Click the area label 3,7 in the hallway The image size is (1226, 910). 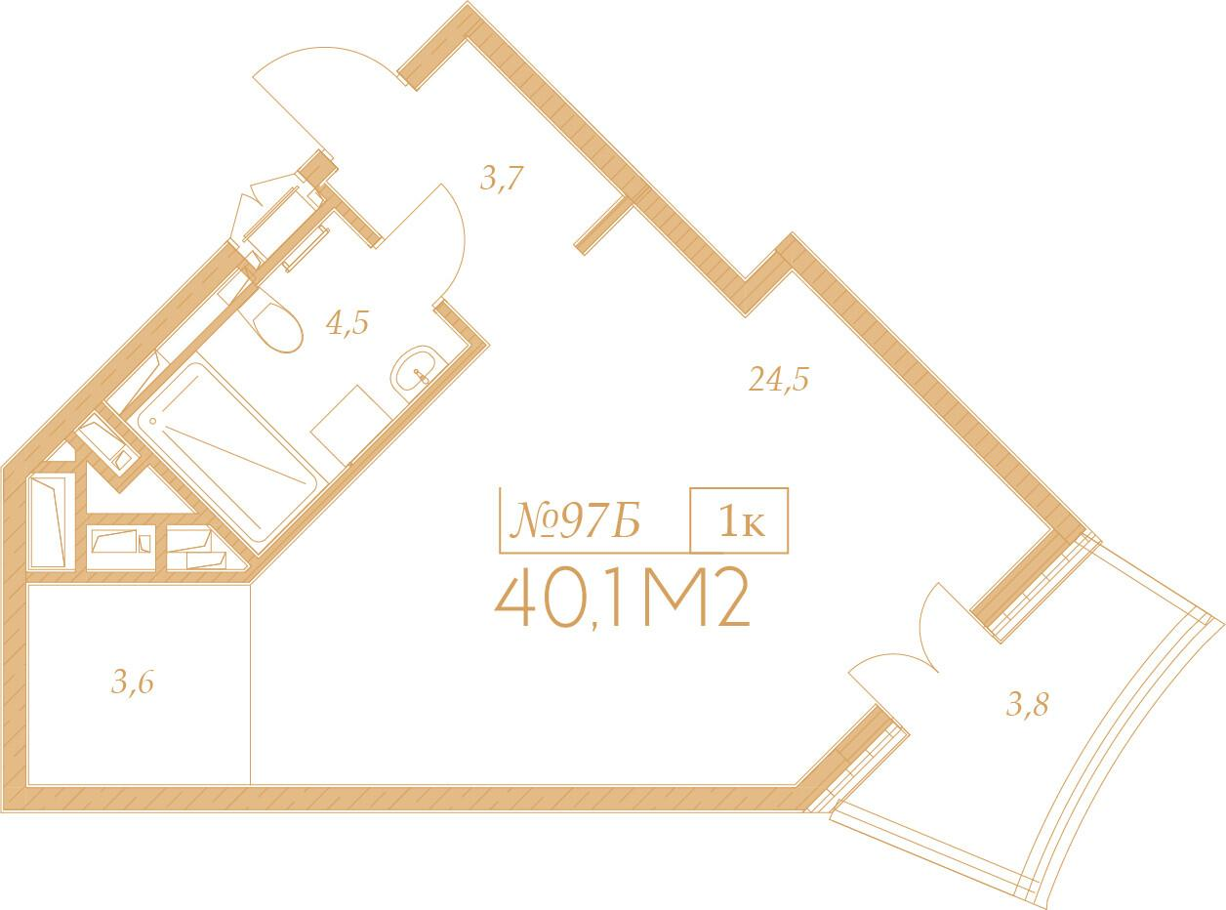point(503,179)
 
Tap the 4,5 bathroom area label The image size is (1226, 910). point(347,322)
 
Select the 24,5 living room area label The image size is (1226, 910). point(779,379)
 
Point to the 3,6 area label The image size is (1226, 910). point(133,682)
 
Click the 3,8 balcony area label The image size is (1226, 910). point(1027,703)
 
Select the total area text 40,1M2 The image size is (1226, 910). point(623,601)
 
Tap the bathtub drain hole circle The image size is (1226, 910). point(151,421)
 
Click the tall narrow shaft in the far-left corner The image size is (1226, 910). point(49,520)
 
